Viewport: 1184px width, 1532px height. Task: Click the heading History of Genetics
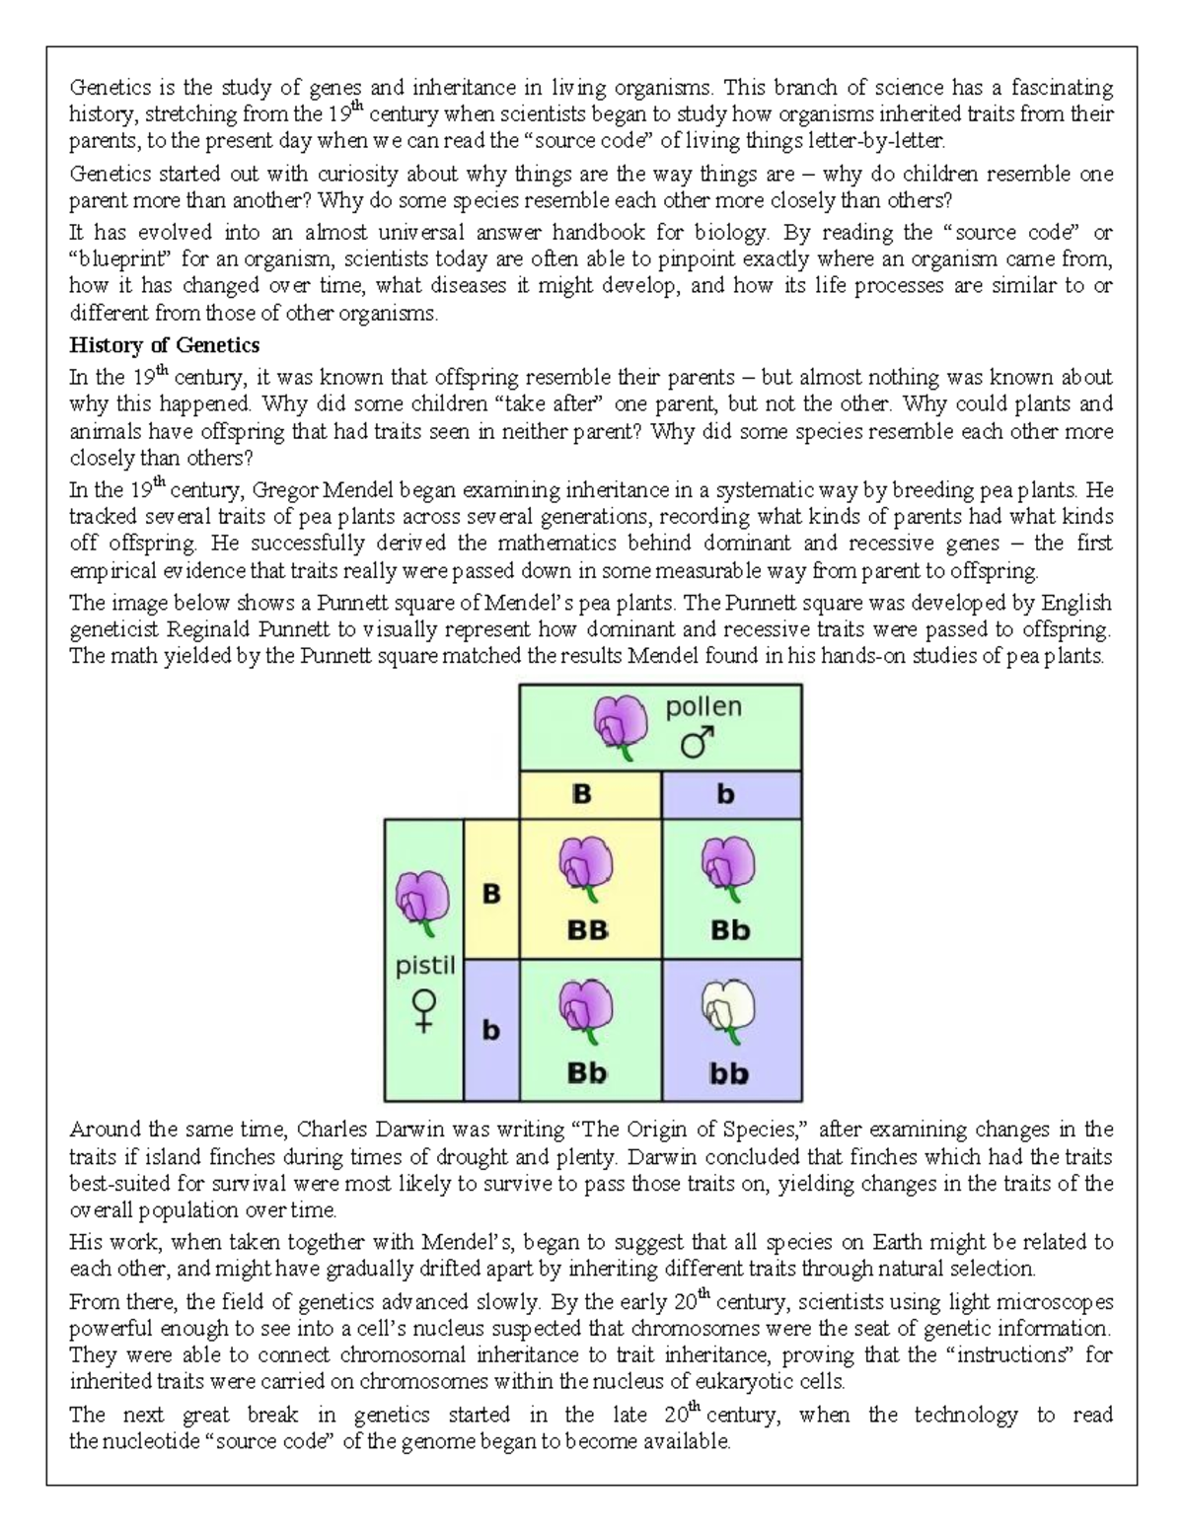tap(164, 345)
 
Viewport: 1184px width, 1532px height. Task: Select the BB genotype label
tap(587, 930)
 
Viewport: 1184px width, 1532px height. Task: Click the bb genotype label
tap(729, 1073)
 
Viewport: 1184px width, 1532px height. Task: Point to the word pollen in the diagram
tap(703, 706)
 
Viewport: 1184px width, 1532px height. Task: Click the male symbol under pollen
tap(698, 742)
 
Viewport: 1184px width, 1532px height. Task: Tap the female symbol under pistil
tap(424, 1011)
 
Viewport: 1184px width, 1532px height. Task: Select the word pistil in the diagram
tap(425, 966)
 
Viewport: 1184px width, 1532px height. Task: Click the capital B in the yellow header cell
tap(582, 794)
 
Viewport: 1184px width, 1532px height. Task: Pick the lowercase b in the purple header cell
tap(725, 794)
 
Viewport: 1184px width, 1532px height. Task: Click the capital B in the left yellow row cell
tap(490, 894)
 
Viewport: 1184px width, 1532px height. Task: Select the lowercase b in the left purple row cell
tap(490, 1031)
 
